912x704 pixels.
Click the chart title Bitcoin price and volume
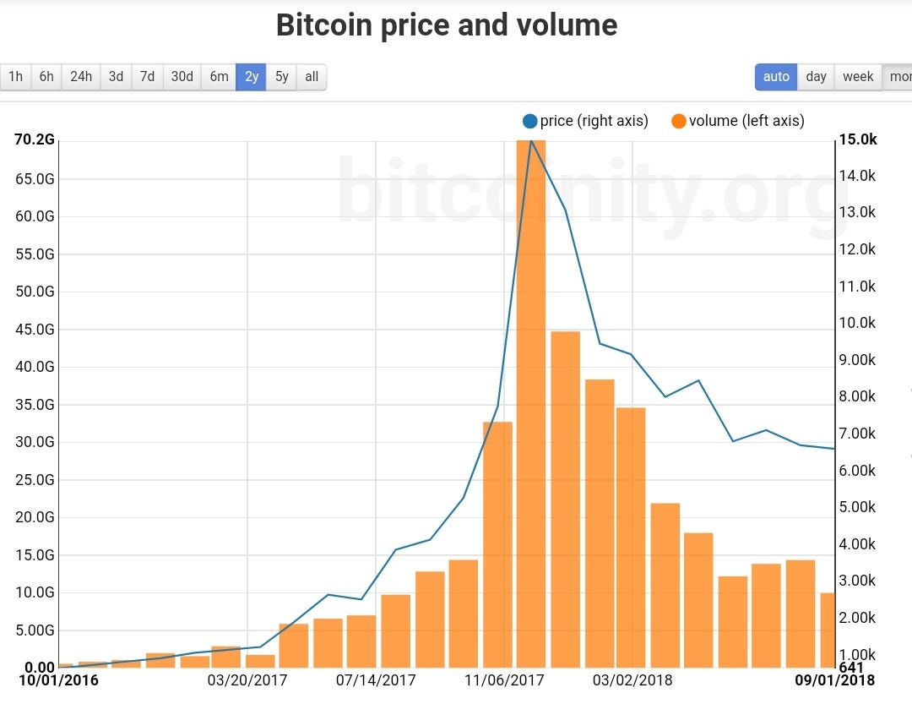pyautogui.click(x=447, y=25)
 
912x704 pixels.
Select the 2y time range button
pyautogui.click(x=252, y=77)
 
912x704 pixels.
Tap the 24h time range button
pyautogui.click(x=81, y=77)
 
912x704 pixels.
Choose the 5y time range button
pyautogui.click(x=281, y=77)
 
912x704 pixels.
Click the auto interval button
pyautogui.click(x=776, y=77)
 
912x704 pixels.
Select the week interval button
pyautogui.click(x=858, y=77)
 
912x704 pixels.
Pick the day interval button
pyautogui.click(x=816, y=77)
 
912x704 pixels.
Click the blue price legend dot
pyautogui.click(x=530, y=121)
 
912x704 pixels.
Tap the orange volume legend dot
pyautogui.click(x=679, y=121)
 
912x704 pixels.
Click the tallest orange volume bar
pyautogui.click(x=531, y=406)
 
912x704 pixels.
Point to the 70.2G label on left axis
pyautogui.click(x=35, y=140)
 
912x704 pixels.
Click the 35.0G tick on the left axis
pyautogui.click(x=35, y=405)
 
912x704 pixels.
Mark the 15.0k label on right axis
pyautogui.click(x=858, y=140)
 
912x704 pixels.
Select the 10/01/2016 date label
pyautogui.click(x=59, y=680)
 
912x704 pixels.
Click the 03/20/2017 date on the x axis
pyautogui.click(x=247, y=680)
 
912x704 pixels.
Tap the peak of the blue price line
pyautogui.click(x=531, y=140)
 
